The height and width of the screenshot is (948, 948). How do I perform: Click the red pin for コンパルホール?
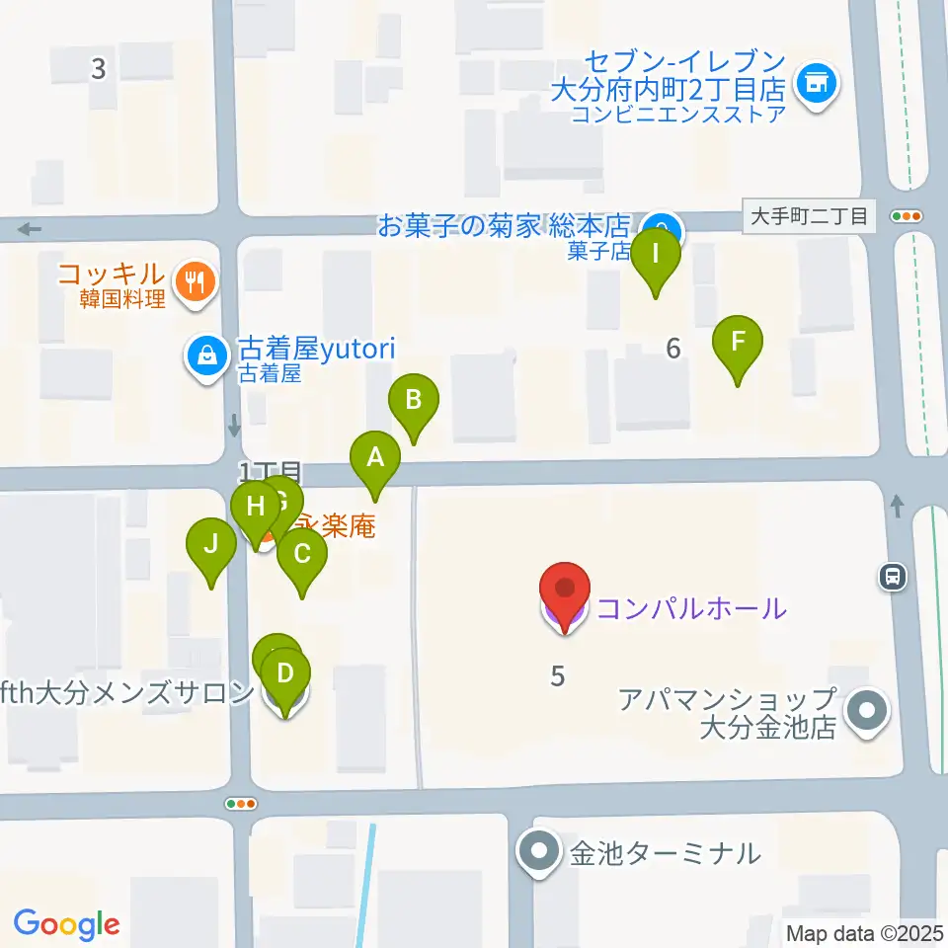pos(565,591)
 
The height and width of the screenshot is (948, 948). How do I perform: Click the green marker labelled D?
pos(284,675)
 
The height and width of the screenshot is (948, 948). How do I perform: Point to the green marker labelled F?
pos(738,344)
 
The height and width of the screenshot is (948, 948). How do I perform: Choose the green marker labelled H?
pos(255,509)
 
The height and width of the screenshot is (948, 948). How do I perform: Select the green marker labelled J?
pos(210,545)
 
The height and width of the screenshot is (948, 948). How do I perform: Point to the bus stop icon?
pos(893,577)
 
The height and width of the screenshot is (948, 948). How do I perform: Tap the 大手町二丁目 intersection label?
pos(809,216)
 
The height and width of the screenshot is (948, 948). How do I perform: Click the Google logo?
pos(67,924)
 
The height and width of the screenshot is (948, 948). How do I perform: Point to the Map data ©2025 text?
pos(865,933)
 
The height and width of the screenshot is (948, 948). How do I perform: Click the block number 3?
pos(98,69)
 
